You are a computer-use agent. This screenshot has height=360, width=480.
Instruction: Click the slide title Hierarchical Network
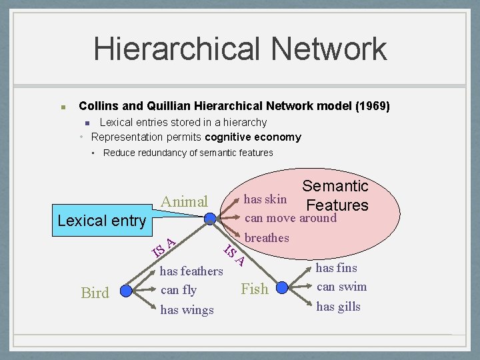pyautogui.click(x=240, y=49)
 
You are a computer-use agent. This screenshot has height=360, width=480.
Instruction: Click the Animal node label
pyautogui.click(x=184, y=201)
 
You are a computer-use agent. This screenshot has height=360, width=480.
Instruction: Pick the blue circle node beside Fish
pyautogui.click(x=282, y=288)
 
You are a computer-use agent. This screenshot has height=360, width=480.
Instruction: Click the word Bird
pyautogui.click(x=95, y=293)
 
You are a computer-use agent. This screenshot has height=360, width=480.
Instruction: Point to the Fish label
pyautogui.click(x=254, y=289)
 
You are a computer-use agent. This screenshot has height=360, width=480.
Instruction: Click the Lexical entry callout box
pyautogui.click(x=102, y=221)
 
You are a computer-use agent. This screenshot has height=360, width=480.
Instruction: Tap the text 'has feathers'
pyautogui.click(x=191, y=271)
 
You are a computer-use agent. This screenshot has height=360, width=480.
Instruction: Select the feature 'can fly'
pyautogui.click(x=179, y=290)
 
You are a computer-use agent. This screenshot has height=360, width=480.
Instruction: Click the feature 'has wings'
pyautogui.click(x=187, y=309)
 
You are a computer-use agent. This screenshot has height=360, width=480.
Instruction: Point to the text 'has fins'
pyautogui.click(x=336, y=268)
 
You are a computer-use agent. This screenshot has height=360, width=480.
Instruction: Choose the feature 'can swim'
pyautogui.click(x=341, y=287)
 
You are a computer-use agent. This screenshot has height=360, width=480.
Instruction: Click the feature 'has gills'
pyautogui.click(x=338, y=306)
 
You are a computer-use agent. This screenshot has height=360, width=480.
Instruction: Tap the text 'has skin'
pyautogui.click(x=265, y=199)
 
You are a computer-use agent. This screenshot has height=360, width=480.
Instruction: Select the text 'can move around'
pyautogui.click(x=291, y=218)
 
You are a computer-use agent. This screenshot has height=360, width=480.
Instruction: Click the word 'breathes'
pyautogui.click(x=267, y=238)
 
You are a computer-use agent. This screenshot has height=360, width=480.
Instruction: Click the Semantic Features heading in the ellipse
pyautogui.click(x=335, y=195)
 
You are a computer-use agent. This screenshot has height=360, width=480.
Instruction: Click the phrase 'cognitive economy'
pyautogui.click(x=253, y=137)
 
